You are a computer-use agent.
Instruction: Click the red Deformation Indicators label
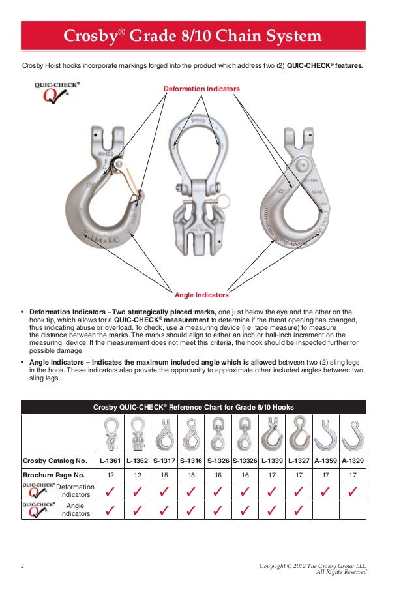[201, 88]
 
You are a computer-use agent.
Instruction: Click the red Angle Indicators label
[201, 295]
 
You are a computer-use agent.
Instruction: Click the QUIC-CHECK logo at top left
[57, 94]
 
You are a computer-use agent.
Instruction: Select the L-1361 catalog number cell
[111, 461]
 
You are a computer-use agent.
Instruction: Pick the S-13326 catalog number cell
[245, 461]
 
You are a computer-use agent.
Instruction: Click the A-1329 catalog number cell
[353, 461]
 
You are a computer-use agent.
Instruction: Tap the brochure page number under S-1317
[164, 475]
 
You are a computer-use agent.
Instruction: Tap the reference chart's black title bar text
[193, 407]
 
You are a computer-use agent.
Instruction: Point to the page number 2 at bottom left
[23, 566]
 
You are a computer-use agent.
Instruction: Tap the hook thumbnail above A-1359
[325, 434]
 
